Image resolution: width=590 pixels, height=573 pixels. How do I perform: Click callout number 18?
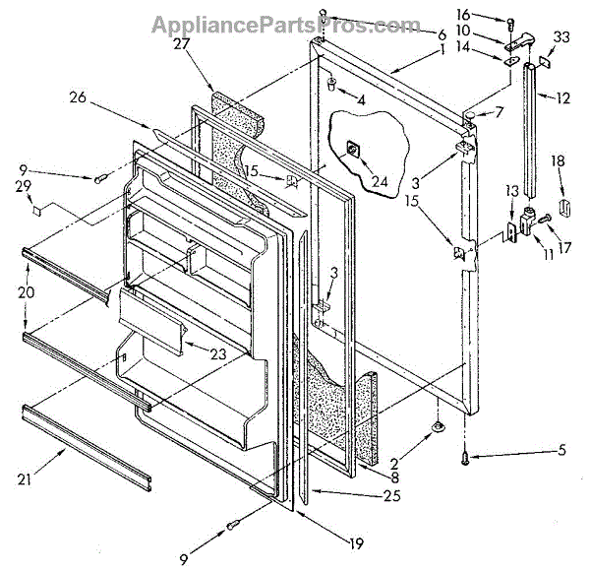click(x=557, y=159)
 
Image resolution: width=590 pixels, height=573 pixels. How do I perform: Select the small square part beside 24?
click(x=351, y=150)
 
